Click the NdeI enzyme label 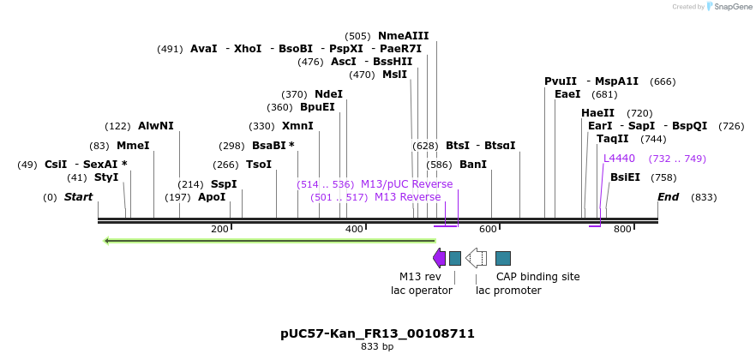click(x=328, y=93)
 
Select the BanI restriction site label click(x=472, y=164)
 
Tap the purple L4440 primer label click(x=619, y=158)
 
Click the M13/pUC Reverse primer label click(x=406, y=184)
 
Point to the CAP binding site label click(x=537, y=276)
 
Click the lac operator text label click(x=421, y=290)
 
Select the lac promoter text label click(x=508, y=290)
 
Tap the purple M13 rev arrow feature click(x=439, y=258)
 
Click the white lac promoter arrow click(x=476, y=258)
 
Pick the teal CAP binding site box click(x=503, y=258)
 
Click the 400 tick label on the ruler click(x=354, y=229)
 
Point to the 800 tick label click(x=622, y=229)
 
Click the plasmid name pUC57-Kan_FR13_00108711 click(x=377, y=333)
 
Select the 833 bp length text click(x=377, y=346)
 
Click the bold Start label click(x=78, y=197)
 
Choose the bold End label click(x=668, y=197)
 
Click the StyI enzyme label click(x=106, y=177)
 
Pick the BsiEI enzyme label click(x=625, y=177)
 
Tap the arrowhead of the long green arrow click(x=107, y=241)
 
